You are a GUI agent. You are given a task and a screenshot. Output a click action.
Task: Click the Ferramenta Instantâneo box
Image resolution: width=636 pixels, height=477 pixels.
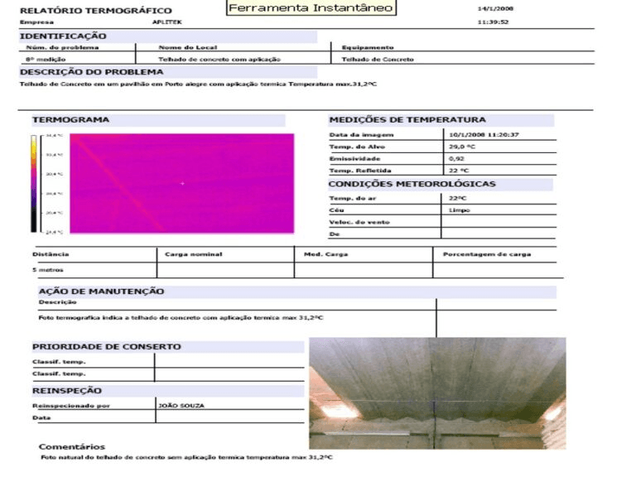point(311,8)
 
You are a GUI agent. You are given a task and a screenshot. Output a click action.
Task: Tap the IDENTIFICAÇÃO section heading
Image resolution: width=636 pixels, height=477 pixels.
point(63,36)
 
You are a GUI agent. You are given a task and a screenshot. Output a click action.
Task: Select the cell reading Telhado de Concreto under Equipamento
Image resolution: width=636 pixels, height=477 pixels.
point(378,60)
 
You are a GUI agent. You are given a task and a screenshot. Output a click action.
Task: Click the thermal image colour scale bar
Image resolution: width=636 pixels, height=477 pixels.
point(34,183)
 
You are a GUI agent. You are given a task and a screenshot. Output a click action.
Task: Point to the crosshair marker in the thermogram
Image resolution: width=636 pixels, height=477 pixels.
point(182,183)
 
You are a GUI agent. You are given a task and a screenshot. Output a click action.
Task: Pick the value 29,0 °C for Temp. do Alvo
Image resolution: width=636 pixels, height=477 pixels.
point(462,147)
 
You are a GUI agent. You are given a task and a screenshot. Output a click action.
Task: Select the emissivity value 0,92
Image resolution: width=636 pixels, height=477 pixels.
point(457,158)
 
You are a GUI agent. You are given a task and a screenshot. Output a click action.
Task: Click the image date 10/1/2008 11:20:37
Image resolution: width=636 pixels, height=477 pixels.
point(484,134)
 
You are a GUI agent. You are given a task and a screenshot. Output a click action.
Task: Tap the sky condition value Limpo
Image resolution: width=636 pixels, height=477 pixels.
point(460,210)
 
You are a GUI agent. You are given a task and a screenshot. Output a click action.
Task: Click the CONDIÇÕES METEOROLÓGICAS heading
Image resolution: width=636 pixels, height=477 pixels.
point(412,184)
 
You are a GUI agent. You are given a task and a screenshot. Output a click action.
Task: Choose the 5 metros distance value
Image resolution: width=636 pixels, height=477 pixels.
point(48,270)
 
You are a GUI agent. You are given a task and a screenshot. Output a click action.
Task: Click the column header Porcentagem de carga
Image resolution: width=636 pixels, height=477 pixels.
point(487,254)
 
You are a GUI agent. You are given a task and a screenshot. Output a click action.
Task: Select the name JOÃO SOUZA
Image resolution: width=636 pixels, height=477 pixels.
point(181,406)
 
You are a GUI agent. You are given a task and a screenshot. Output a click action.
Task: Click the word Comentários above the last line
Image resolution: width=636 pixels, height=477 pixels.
point(72,446)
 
